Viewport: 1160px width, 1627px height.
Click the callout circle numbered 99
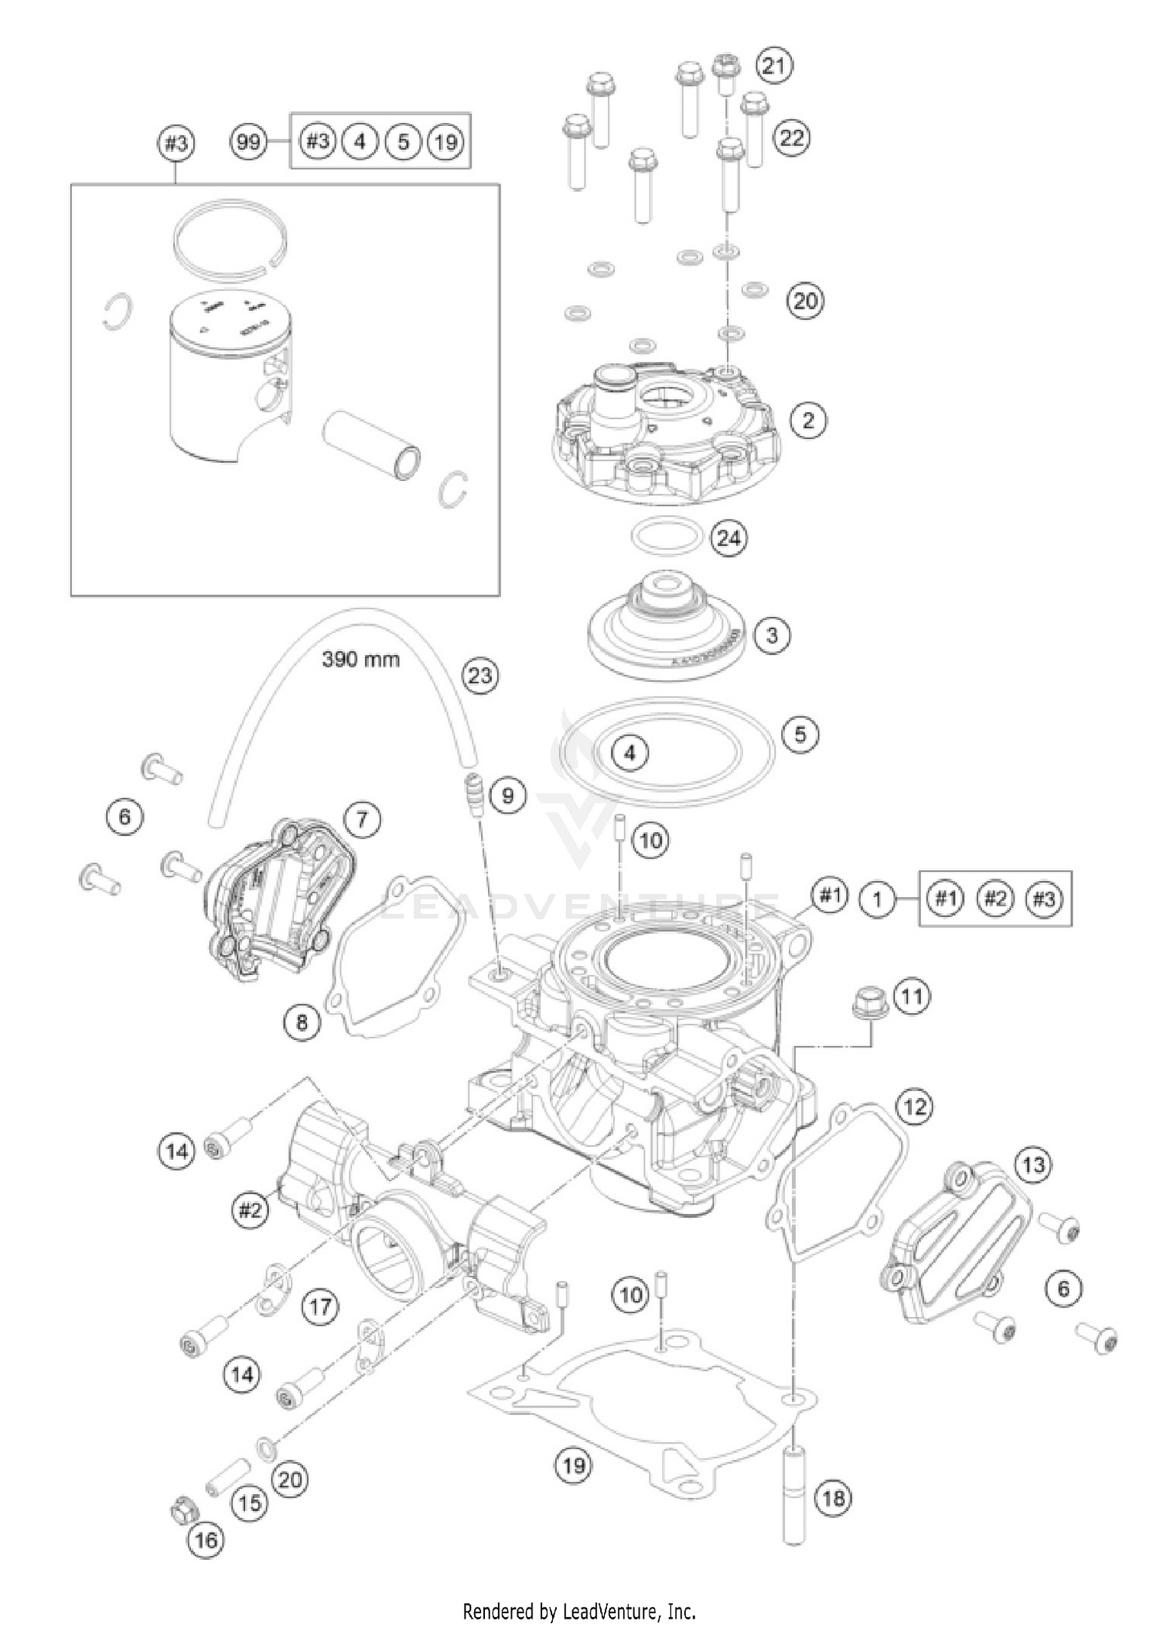coord(247,142)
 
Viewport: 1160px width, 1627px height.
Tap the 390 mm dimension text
coord(361,660)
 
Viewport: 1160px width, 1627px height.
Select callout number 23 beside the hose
coord(479,675)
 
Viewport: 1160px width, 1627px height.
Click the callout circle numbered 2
coord(808,420)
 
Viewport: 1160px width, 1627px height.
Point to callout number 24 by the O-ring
coord(728,538)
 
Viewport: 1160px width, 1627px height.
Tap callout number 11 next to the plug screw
coord(912,996)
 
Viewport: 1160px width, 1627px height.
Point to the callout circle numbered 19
coord(574,1465)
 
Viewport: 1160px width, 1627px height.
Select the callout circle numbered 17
coord(320,1308)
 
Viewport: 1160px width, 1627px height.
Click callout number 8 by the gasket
coord(302,1023)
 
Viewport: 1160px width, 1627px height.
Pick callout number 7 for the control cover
coord(362,819)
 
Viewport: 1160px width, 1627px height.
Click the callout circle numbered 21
coord(773,66)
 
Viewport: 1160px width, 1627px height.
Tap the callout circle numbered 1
coord(877,899)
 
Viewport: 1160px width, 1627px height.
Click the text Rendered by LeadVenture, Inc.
coord(579,1607)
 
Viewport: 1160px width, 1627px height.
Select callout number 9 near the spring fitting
coord(507,796)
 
